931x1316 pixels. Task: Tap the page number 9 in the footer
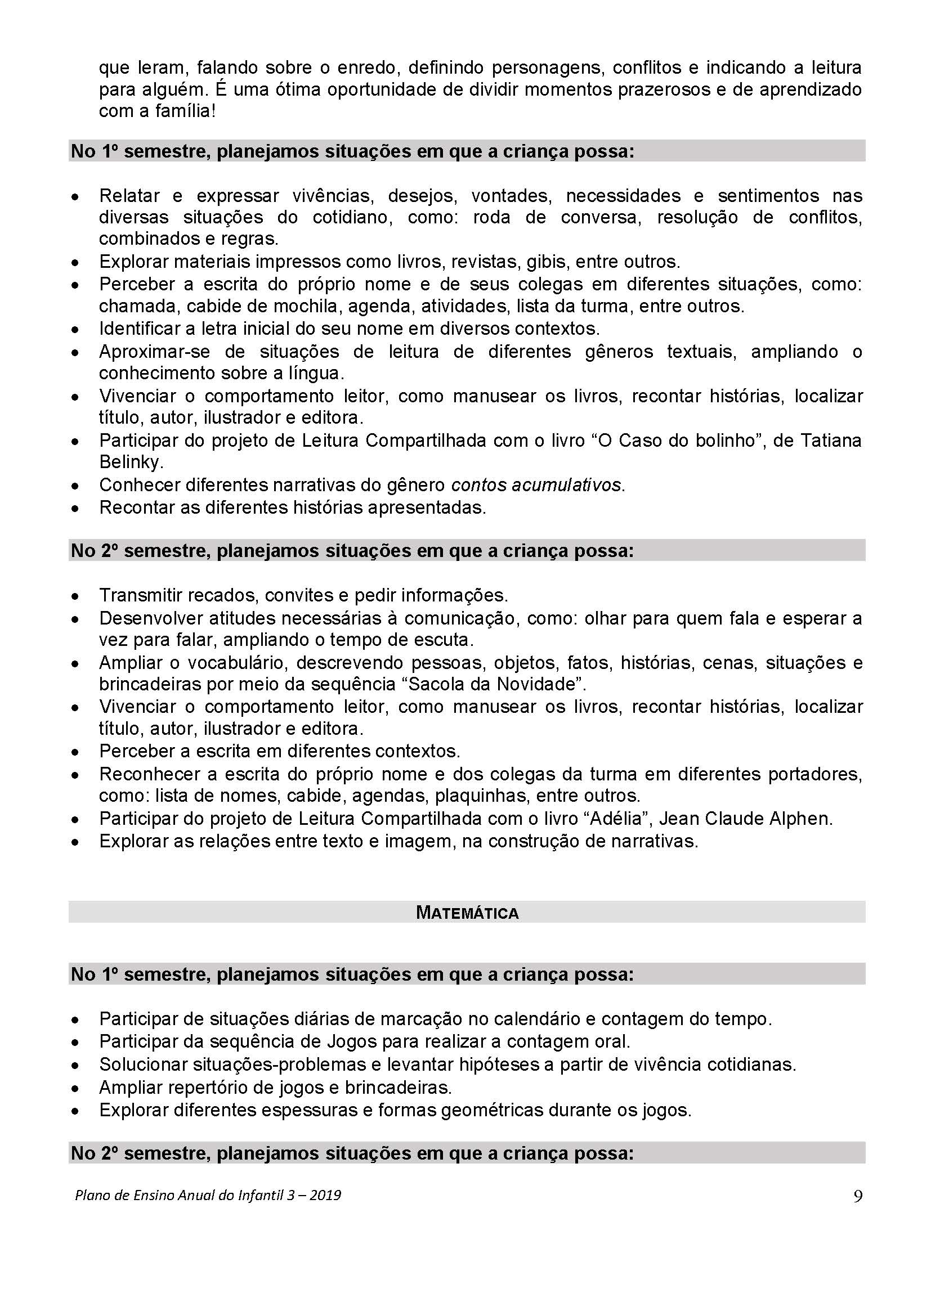tap(858, 1196)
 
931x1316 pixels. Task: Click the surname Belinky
tap(131, 462)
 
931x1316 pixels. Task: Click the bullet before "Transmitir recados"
tap(74, 596)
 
